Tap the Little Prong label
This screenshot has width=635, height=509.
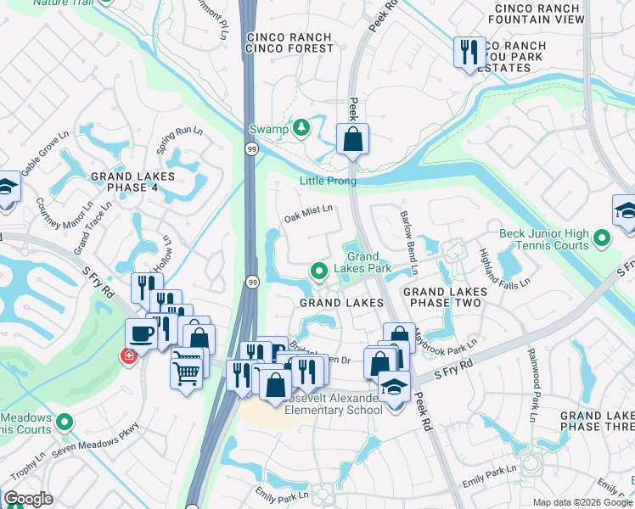[328, 181]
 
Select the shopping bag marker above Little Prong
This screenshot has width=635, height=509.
[352, 139]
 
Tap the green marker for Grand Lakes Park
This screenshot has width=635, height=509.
[319, 271]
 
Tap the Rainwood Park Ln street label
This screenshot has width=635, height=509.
[532, 385]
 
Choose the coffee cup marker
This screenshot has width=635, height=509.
[141, 333]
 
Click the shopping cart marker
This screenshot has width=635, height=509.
[187, 367]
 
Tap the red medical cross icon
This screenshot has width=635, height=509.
[129, 356]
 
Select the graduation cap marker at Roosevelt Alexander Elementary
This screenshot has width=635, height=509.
[393, 387]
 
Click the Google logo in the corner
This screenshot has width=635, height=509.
[28, 499]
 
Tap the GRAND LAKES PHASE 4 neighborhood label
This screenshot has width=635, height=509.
[133, 182]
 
